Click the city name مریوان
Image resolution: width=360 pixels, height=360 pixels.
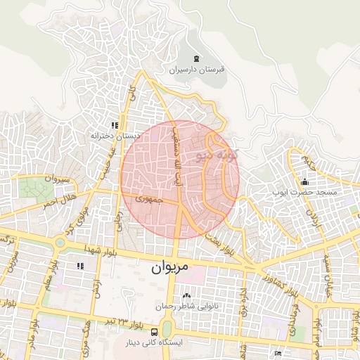click(x=171, y=269)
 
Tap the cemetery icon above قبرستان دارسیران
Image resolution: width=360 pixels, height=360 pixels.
click(x=195, y=58)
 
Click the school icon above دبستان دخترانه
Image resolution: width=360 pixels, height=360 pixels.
click(x=113, y=124)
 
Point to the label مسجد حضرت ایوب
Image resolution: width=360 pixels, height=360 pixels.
click(x=307, y=192)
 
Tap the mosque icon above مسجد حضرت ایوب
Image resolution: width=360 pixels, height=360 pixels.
click(x=304, y=182)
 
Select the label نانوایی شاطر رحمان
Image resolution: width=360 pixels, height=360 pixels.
click(x=186, y=307)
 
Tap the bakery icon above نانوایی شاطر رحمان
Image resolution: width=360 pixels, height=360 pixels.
click(x=186, y=296)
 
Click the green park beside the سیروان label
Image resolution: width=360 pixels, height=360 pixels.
click(x=32, y=188)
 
